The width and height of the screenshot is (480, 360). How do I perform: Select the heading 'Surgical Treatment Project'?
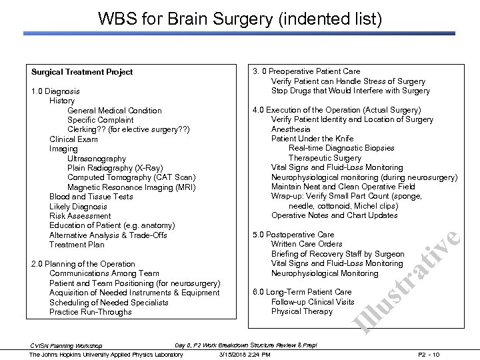(82, 72)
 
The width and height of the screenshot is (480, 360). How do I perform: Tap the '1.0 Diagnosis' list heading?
(56, 91)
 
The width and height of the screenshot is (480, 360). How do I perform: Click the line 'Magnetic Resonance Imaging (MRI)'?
(132, 187)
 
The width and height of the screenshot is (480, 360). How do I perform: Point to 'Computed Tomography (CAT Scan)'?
(131, 177)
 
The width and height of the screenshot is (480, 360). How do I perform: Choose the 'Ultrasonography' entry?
(97, 159)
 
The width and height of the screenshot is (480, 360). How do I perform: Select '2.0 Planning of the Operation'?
(83, 264)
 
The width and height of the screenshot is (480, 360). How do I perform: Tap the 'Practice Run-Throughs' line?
(91, 312)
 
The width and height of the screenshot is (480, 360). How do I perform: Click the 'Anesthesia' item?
(291, 129)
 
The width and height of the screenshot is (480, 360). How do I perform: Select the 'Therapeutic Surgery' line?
(325, 158)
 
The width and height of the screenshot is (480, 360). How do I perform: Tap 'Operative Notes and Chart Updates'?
(335, 215)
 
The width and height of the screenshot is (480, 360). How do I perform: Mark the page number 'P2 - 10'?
(449, 355)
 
